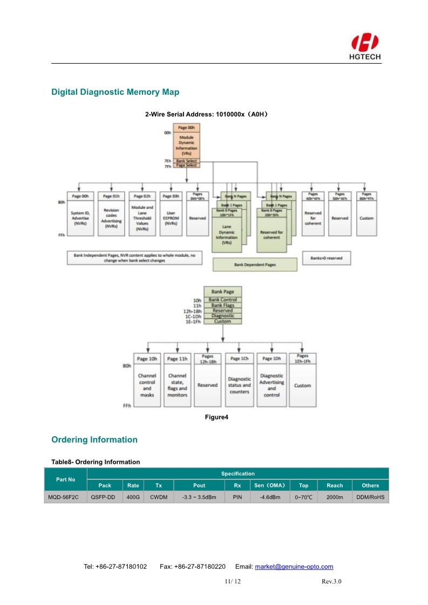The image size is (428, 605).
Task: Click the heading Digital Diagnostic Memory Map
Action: click(115, 92)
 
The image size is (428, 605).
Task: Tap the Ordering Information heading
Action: click(94, 439)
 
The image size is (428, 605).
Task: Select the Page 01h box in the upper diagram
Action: click(111, 214)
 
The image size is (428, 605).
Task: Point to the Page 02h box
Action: click(142, 214)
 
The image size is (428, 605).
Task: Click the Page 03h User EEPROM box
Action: click(171, 214)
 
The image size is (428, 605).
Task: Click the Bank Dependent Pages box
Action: click(255, 265)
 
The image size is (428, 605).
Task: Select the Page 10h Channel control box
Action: click(147, 380)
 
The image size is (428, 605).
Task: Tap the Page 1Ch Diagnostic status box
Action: click(240, 380)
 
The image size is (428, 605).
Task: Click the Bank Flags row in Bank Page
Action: click(223, 305)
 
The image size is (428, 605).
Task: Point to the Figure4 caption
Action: click(216, 417)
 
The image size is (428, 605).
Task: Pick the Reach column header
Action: click(335, 485)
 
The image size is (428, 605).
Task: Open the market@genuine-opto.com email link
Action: click(294, 567)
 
